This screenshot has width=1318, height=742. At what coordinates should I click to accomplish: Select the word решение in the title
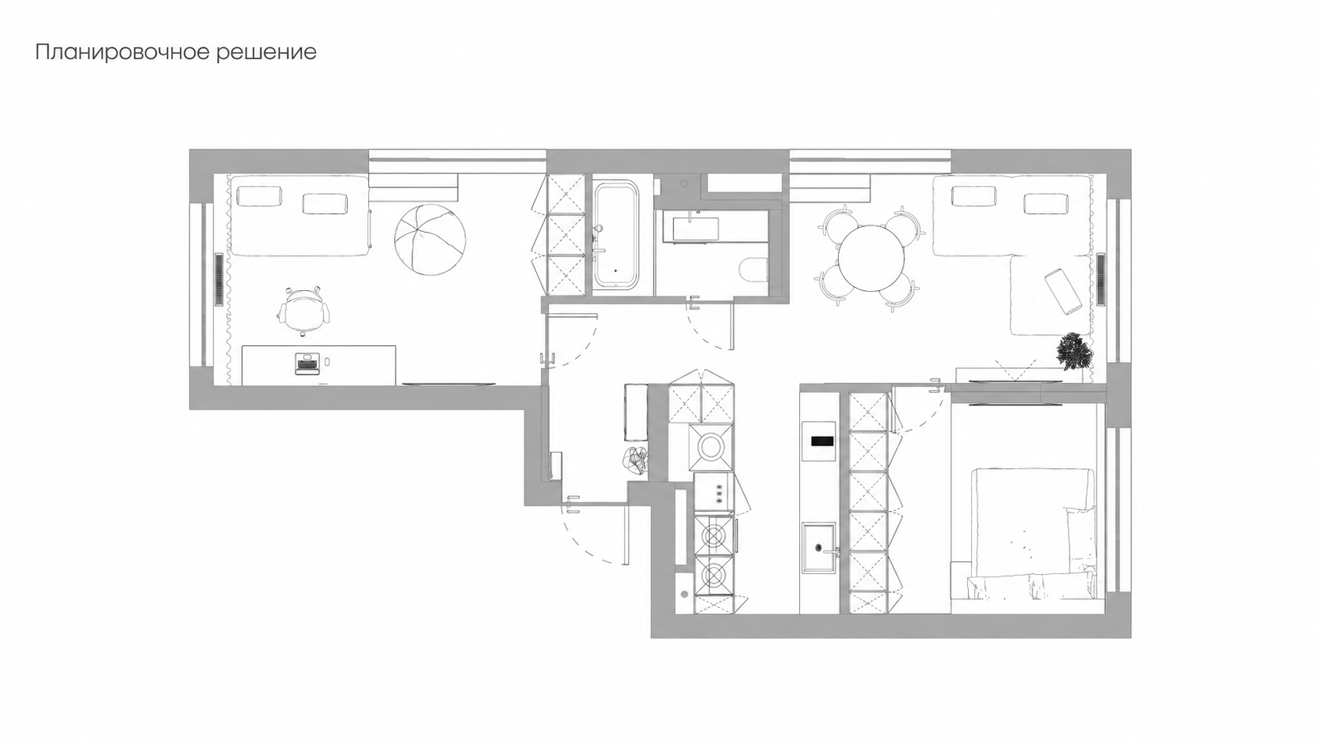point(266,53)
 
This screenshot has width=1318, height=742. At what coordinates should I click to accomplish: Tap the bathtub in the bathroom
point(616,237)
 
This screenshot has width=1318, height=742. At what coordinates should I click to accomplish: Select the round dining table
point(871,258)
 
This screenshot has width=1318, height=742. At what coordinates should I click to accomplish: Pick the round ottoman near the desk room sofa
point(430,239)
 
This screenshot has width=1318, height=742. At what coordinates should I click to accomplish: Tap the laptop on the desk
point(307,364)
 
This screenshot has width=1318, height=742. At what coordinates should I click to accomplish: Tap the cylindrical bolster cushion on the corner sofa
point(1063,292)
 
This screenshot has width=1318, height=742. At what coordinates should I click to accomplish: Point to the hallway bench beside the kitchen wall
point(635,412)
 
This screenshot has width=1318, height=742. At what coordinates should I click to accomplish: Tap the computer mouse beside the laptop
point(328,360)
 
